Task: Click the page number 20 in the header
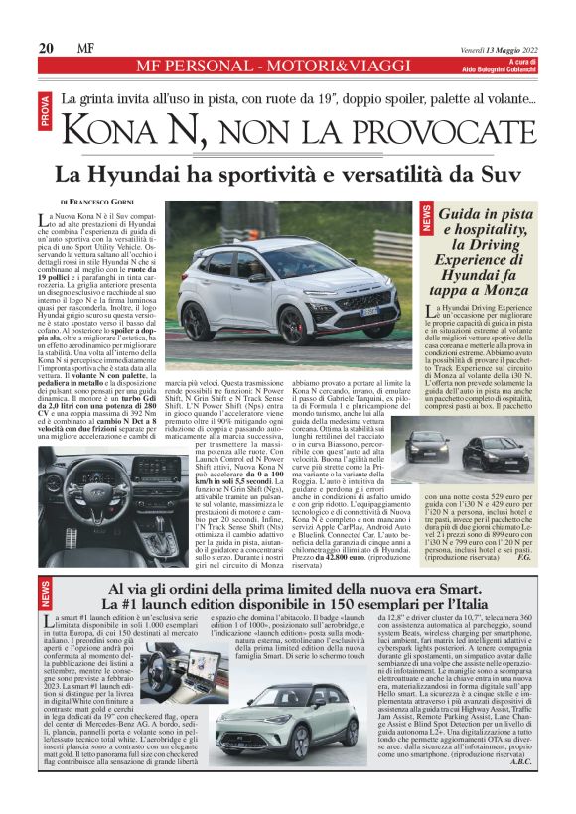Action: tap(46, 48)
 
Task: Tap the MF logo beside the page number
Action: tap(86, 48)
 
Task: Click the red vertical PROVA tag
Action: tap(46, 110)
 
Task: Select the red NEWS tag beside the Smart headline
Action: tap(46, 594)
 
